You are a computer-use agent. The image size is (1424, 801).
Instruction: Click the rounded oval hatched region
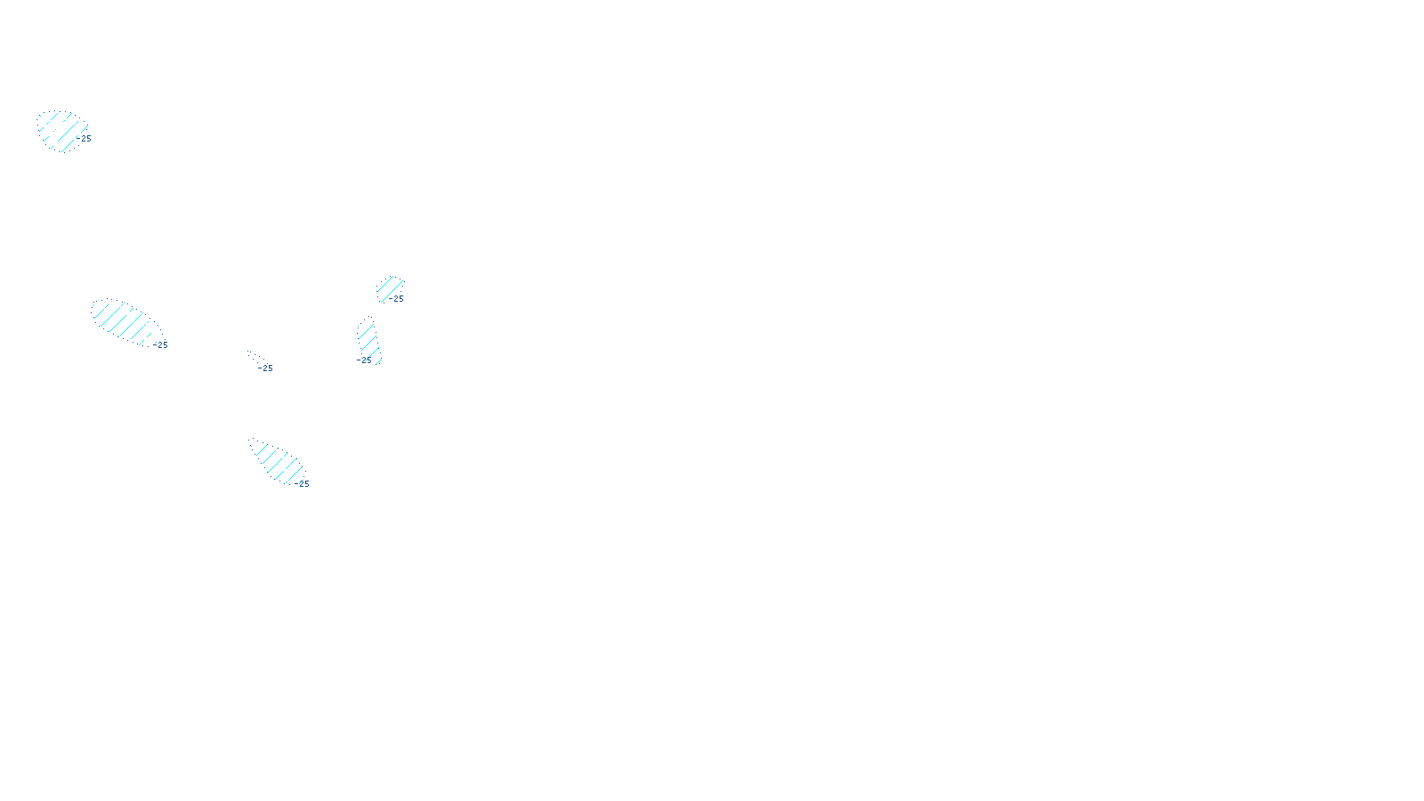61,131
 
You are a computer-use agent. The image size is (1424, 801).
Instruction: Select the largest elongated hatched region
126,320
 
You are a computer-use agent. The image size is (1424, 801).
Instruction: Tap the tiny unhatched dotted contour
255,357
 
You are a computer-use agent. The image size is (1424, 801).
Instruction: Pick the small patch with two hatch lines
389,287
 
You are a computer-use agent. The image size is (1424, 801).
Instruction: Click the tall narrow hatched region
368,341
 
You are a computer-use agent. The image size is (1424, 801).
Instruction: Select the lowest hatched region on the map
278,462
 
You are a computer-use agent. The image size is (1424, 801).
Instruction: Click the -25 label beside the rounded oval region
85,139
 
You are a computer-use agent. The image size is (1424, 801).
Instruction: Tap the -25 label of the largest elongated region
161,345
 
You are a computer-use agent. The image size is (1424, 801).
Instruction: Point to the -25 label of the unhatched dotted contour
266,368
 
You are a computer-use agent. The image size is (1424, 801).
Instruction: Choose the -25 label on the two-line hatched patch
397,299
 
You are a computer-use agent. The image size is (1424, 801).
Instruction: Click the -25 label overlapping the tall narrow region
364,360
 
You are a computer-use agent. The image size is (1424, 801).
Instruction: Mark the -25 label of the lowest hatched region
303,484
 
